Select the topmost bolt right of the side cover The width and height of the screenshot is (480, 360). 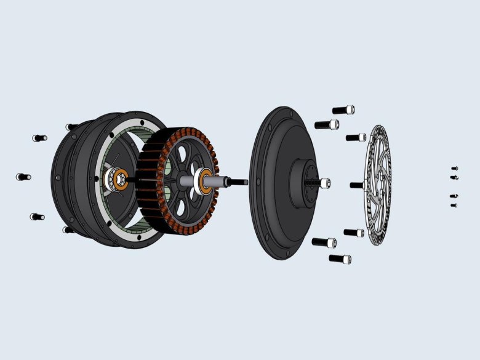pyautogui.click(x=343, y=110)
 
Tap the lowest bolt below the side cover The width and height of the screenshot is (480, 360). pyautogui.click(x=340, y=259)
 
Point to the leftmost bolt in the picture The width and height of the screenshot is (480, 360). pyautogui.click(x=23, y=177)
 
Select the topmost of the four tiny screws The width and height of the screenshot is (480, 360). pyautogui.click(x=454, y=168)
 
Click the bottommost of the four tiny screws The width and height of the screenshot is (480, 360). pyautogui.click(x=454, y=205)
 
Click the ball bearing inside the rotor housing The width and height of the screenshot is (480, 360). pyautogui.click(x=116, y=180)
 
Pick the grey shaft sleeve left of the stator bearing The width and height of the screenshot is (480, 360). pyautogui.click(x=186, y=182)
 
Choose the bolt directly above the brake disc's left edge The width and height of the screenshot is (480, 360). pyautogui.click(x=356, y=137)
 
